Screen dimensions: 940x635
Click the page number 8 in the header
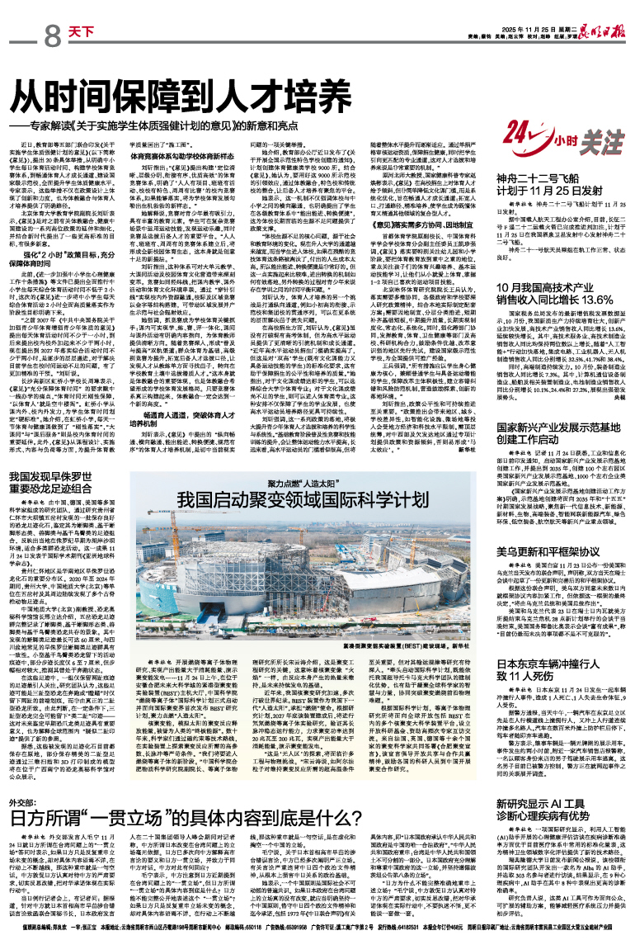tap(53, 35)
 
